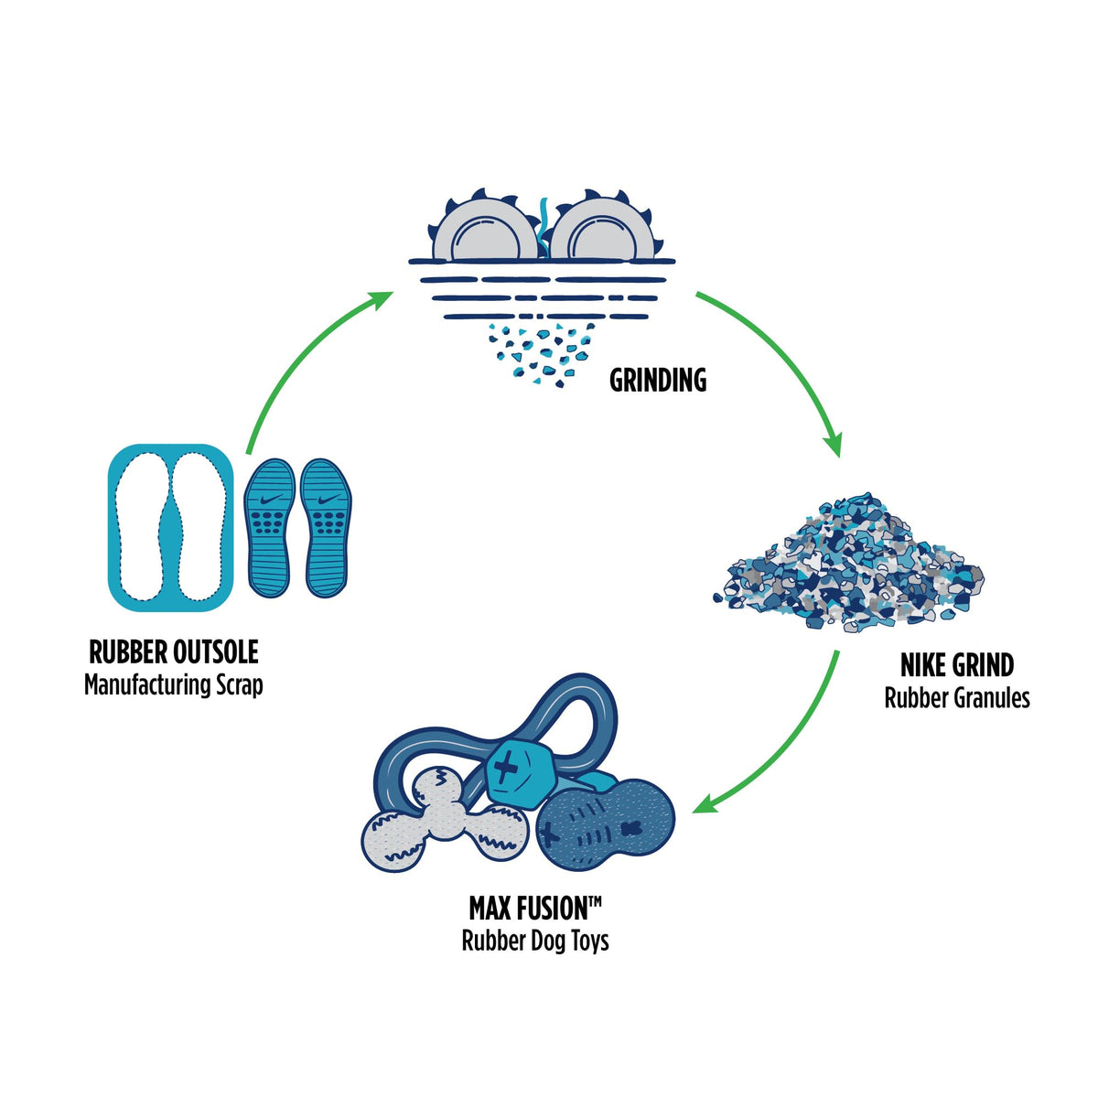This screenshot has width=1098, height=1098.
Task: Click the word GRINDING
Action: tap(658, 381)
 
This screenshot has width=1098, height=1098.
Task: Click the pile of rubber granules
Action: tap(851, 567)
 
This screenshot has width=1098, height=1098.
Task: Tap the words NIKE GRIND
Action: tap(957, 665)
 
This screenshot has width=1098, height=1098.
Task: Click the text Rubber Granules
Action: tap(957, 698)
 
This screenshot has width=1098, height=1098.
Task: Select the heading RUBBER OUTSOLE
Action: tap(174, 652)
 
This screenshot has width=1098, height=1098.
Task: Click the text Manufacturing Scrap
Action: tap(174, 684)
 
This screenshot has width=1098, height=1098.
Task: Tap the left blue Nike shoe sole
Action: tap(270, 529)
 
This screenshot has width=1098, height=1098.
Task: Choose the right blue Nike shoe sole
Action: tap(326, 529)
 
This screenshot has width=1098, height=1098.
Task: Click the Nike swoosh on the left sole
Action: tap(271, 500)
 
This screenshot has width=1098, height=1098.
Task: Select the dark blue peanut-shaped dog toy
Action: tap(604, 828)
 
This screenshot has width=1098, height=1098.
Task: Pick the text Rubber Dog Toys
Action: tap(535, 941)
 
